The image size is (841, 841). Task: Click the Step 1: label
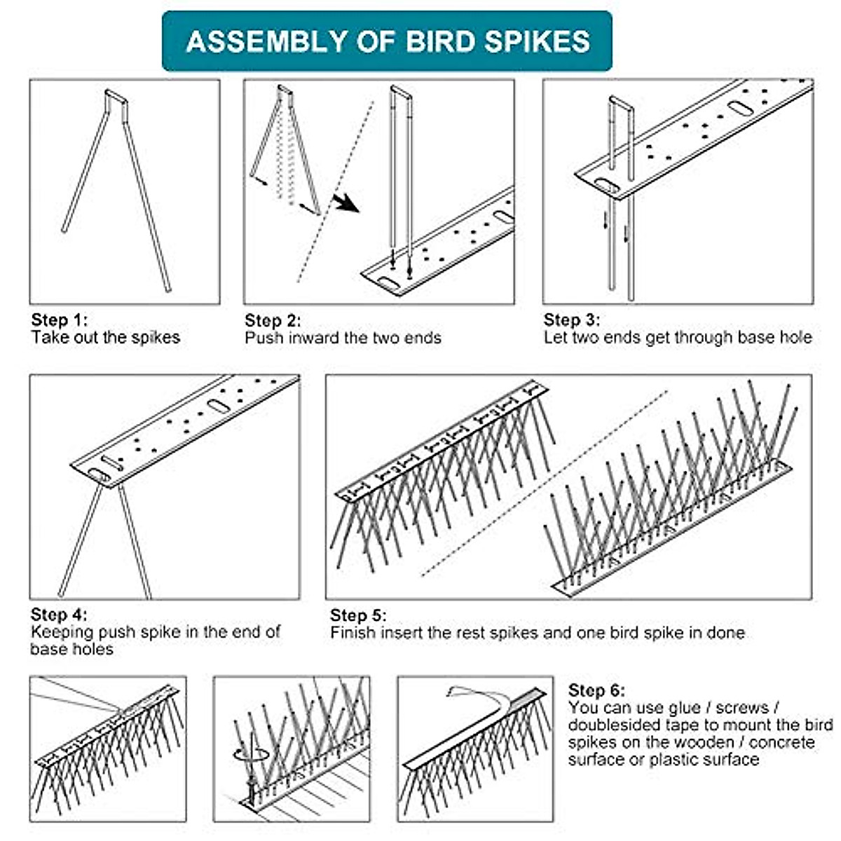point(60,320)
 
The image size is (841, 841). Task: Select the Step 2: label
point(273,321)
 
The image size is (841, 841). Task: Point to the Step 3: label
point(572,320)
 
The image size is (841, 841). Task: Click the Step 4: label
point(60,615)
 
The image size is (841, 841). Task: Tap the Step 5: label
point(358,615)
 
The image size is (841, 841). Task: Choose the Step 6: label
point(596,690)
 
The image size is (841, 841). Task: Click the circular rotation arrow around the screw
point(250,753)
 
